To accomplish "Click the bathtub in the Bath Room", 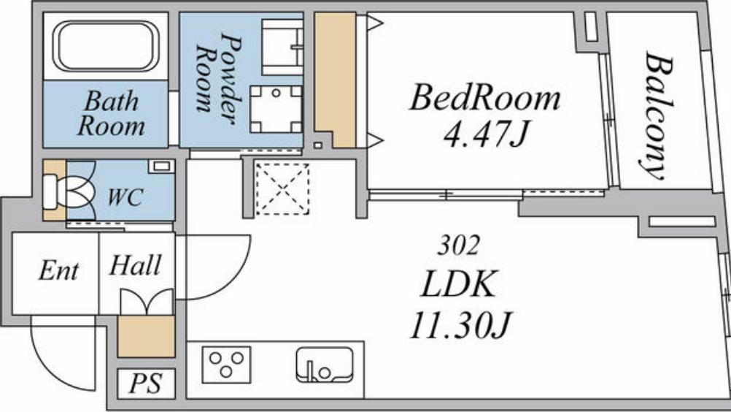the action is (x=106, y=46).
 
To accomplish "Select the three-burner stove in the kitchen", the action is (x=226, y=365).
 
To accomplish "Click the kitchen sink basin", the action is (x=325, y=365).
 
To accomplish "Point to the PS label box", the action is (x=146, y=384).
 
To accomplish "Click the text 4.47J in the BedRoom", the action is (x=485, y=134).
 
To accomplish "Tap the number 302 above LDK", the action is (x=458, y=245).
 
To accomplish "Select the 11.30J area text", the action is (x=460, y=325).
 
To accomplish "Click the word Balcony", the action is (x=657, y=117).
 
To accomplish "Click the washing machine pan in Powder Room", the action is (x=276, y=109).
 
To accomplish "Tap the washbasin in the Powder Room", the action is (x=282, y=47).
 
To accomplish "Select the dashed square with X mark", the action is (x=282, y=188).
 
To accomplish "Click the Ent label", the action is (x=58, y=270).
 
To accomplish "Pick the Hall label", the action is (x=135, y=265).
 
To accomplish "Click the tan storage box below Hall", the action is (x=146, y=336).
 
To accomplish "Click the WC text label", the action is (x=125, y=197).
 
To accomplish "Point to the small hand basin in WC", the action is (x=161, y=166).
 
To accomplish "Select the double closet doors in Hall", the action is (x=147, y=302).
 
